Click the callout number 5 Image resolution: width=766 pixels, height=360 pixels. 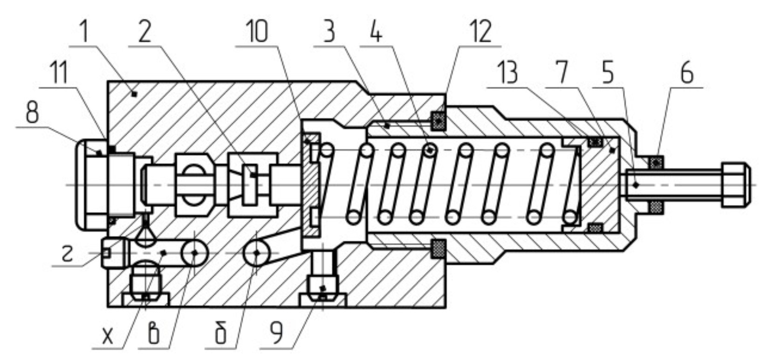click(x=608, y=74)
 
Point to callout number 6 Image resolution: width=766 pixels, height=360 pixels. click(x=686, y=74)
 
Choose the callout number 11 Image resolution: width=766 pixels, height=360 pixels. click(x=59, y=74)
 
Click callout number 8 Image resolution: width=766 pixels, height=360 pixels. click(x=32, y=113)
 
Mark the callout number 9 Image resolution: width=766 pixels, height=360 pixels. click(x=277, y=334)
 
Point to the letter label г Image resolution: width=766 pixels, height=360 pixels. click(x=68, y=254)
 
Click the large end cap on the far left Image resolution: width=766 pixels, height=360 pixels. click(x=91, y=185)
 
